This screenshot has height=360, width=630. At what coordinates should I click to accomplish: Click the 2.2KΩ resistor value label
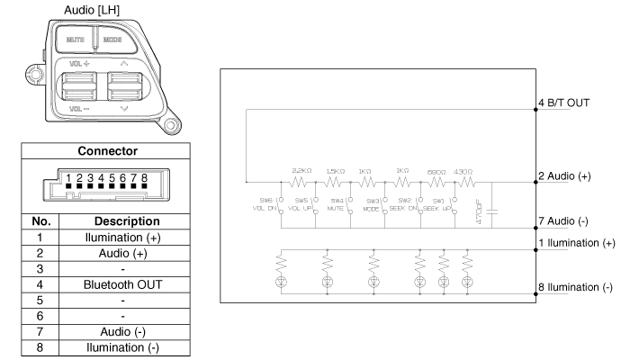click(x=301, y=170)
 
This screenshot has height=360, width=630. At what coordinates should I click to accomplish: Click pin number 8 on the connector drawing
click(x=143, y=178)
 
